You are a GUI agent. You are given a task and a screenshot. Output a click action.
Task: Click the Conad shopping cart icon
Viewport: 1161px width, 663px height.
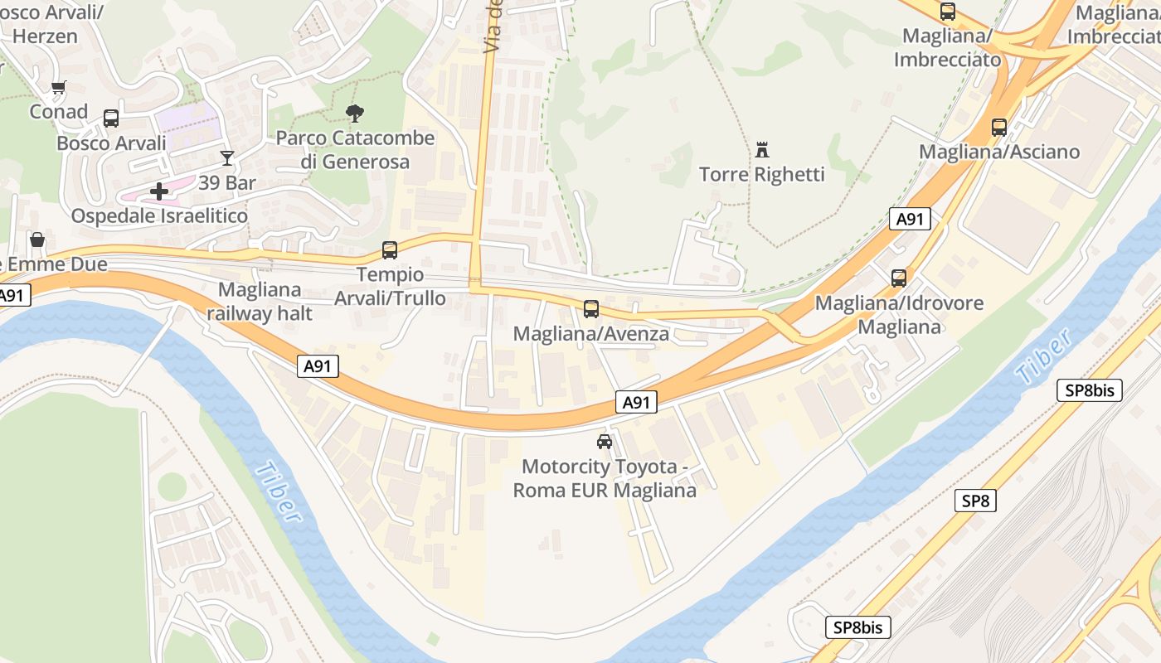click(x=58, y=87)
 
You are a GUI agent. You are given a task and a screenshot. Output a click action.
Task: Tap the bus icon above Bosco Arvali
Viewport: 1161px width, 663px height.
click(x=111, y=119)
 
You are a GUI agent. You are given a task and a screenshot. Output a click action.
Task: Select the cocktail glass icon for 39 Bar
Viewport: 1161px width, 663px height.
click(x=227, y=157)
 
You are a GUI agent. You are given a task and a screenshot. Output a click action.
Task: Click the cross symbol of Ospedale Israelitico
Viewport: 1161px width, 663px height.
click(x=159, y=192)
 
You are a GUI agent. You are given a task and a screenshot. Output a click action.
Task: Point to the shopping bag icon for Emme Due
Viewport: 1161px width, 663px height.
click(x=37, y=240)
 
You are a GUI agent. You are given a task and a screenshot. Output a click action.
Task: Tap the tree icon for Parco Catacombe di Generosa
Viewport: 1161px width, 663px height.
click(x=356, y=114)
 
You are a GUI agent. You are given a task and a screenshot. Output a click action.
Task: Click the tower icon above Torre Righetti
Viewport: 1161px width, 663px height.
click(x=762, y=150)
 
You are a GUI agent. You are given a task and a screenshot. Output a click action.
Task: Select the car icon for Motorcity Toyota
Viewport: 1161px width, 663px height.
click(x=605, y=442)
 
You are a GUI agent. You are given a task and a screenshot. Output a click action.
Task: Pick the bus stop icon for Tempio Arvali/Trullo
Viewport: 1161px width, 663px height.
click(x=390, y=249)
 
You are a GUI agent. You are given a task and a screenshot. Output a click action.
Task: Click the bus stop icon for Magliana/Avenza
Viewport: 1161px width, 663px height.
click(x=591, y=309)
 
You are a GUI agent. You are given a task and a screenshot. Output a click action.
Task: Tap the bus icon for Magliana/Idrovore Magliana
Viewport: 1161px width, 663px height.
click(x=899, y=278)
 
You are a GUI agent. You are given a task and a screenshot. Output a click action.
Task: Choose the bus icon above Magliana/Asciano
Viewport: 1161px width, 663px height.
click(x=999, y=128)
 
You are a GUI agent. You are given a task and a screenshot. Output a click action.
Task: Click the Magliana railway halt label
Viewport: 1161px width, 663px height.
click(x=260, y=302)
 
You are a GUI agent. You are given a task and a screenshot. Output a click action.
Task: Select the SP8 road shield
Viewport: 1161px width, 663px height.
click(x=975, y=501)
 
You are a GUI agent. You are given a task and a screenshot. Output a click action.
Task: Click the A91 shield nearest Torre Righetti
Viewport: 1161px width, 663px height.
click(x=910, y=219)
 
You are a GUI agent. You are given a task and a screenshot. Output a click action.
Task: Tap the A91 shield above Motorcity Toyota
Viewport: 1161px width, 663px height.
click(x=636, y=403)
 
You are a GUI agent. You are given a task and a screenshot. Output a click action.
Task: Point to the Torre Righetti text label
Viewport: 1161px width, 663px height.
click(x=762, y=174)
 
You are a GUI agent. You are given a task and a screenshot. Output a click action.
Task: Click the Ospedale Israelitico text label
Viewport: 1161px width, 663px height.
click(x=159, y=216)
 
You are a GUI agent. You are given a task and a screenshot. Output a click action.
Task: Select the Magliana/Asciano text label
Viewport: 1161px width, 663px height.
click(x=999, y=152)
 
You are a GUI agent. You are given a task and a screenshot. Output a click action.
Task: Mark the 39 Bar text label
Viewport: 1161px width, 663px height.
click(x=227, y=182)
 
